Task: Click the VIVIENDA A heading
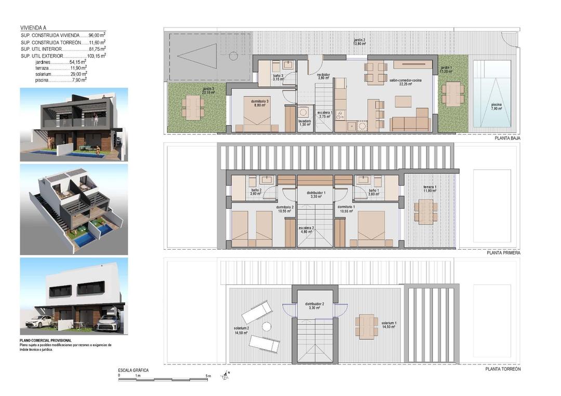click(x=36, y=28)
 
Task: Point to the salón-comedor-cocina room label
click(x=406, y=82)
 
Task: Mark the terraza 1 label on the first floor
click(x=429, y=189)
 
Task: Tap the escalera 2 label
click(x=306, y=230)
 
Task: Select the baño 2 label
click(x=256, y=192)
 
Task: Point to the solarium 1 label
click(x=389, y=324)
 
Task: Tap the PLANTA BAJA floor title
click(x=507, y=139)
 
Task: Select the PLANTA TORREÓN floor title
click(x=503, y=370)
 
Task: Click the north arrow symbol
click(x=225, y=375)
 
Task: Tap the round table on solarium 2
click(x=266, y=326)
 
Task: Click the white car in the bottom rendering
click(x=38, y=322)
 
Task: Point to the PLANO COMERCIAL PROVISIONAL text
click(x=46, y=340)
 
